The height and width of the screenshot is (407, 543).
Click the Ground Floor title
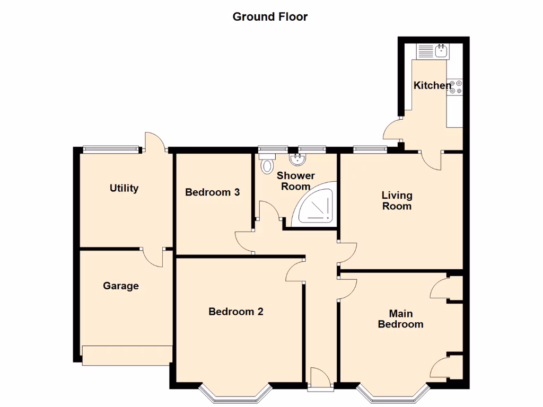[270, 16]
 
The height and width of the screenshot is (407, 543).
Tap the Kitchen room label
[432, 85]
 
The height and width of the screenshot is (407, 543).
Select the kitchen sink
[441, 51]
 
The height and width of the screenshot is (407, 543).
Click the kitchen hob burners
[456, 87]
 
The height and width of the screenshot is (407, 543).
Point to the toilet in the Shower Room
[266, 164]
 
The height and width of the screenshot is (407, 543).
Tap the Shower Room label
[295, 181]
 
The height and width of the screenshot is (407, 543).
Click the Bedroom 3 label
[212, 192]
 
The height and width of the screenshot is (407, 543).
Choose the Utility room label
[124, 188]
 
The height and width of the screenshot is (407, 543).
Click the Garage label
[121, 286]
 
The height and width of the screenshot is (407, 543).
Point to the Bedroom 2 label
[235, 312]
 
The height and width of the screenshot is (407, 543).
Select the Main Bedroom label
[400, 318]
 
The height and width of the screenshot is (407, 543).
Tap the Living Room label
[397, 201]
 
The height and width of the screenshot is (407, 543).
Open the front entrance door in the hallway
[320, 379]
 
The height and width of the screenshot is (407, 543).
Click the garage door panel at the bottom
[127, 355]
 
